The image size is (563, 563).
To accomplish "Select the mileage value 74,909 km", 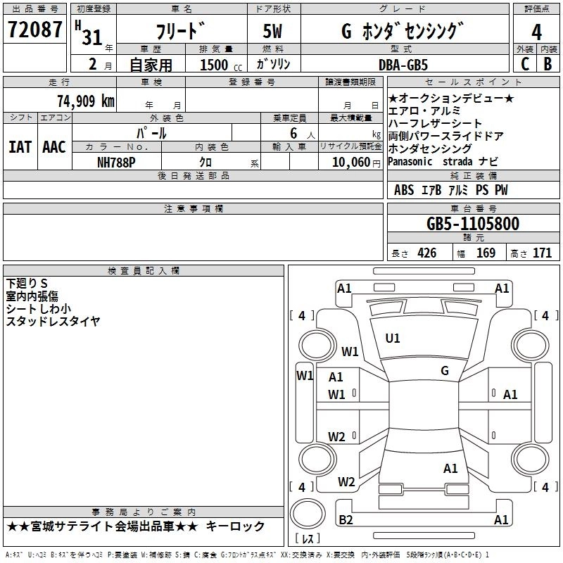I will tap(84, 101).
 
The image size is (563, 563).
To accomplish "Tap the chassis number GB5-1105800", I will tap(473, 224).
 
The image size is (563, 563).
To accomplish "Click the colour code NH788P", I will tap(118, 161).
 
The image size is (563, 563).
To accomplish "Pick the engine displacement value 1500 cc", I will tap(216, 64).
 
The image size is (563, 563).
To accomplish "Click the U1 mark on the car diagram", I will tap(393, 339).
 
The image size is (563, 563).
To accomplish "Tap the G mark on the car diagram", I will tap(444, 371).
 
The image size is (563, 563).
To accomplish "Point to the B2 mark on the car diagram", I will tap(346, 520).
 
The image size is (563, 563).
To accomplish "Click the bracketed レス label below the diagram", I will tap(308, 540).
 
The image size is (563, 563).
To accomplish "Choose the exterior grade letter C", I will tap(524, 63).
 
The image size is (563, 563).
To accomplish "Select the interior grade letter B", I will tap(548, 63).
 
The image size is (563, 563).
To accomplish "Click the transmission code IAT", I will tap(20, 147).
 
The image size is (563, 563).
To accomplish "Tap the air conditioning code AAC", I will tap(53, 147).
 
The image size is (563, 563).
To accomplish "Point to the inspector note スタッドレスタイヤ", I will tap(53, 321).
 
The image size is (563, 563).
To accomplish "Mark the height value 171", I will tap(542, 253).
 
